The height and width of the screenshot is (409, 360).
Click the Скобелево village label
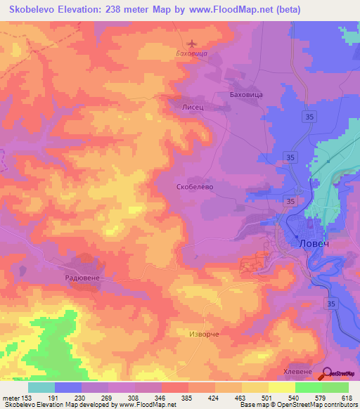click(x=193, y=188)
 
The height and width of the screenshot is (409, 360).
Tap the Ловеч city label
click(x=313, y=243)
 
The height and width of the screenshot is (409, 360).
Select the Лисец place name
click(x=193, y=107)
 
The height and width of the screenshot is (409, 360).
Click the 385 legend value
click(x=188, y=398)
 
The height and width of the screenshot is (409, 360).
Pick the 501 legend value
click(x=268, y=398)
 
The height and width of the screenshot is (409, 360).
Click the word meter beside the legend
click(x=11, y=398)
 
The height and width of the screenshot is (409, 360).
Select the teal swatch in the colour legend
click(x=41, y=387)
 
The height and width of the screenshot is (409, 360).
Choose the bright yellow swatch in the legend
click(x=281, y=387)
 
